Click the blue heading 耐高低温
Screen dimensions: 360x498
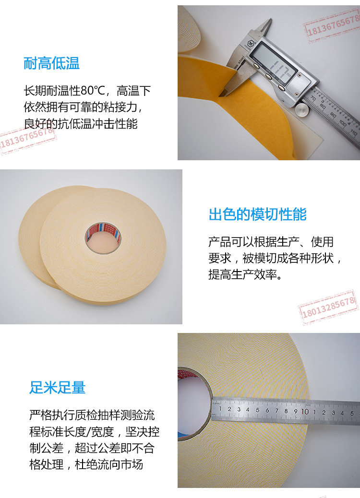(51, 63)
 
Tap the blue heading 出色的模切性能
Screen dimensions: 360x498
(258, 214)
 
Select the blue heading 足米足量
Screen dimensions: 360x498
(58, 388)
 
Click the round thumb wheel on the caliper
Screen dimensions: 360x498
(302, 110)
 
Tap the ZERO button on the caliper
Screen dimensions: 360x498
(281, 87)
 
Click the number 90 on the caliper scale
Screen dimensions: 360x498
(333, 115)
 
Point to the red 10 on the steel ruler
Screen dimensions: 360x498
(305, 412)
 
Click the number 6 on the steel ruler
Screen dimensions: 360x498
(267, 411)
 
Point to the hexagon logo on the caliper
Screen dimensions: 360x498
(251, 42)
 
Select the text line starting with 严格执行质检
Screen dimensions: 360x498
(92, 415)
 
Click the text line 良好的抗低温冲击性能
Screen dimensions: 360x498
(81, 124)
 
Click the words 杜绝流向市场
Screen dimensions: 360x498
(108, 464)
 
